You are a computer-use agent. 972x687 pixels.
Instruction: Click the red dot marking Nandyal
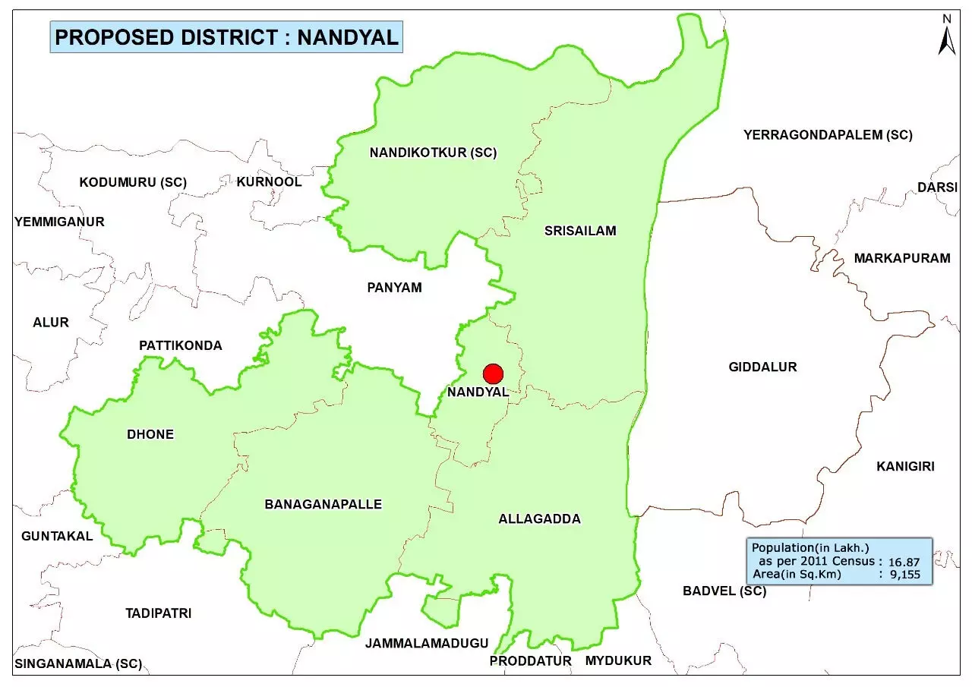(494, 373)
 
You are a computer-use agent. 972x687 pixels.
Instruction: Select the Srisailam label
(580, 231)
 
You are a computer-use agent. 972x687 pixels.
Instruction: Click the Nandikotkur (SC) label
(433, 153)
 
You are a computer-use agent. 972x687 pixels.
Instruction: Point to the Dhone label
(150, 434)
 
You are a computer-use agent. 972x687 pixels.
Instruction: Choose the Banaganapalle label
(323, 504)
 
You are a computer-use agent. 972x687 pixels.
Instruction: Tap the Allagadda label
(539, 519)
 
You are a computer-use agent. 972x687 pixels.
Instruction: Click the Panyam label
(394, 288)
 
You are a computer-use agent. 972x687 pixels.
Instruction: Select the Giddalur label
(762, 367)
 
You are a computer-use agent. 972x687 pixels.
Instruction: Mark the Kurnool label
(269, 181)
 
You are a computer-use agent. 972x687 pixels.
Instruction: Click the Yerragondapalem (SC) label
(828, 135)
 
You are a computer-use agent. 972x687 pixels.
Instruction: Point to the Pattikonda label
(181, 345)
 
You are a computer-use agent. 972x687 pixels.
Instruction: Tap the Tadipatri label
(158, 613)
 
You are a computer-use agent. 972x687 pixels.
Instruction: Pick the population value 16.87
(904, 562)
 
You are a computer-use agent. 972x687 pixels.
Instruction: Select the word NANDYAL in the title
(348, 37)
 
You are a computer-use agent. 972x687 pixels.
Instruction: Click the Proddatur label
(530, 660)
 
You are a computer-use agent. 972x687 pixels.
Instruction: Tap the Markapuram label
(901, 258)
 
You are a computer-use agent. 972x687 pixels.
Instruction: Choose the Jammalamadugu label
(426, 643)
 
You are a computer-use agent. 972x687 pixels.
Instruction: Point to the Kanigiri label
(905, 466)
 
